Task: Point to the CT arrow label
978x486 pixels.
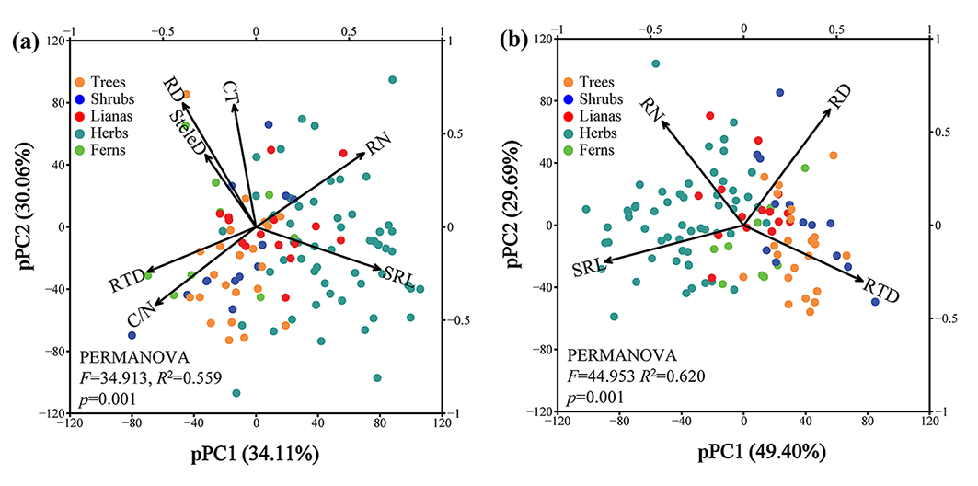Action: tap(233, 91)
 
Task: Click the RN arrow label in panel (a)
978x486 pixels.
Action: tap(377, 145)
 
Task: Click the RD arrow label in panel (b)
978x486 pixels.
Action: tap(839, 95)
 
